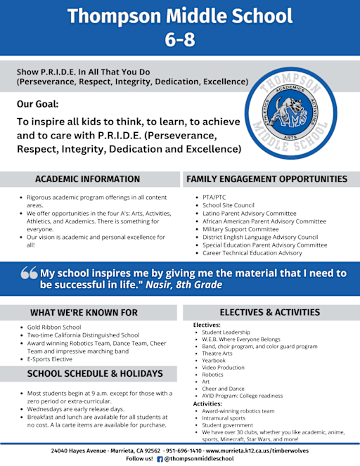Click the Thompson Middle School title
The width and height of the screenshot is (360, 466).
tap(180, 15)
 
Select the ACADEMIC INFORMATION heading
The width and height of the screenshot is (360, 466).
tap(87, 179)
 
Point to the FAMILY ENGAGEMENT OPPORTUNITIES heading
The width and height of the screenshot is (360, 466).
tap(266, 179)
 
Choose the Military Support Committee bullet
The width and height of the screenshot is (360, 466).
tap(240, 229)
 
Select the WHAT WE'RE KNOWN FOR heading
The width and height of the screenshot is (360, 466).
tap(84, 312)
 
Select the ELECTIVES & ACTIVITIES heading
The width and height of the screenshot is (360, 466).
tap(269, 312)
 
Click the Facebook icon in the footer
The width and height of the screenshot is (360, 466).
tap(160, 458)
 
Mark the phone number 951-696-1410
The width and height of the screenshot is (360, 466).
tap(184, 449)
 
